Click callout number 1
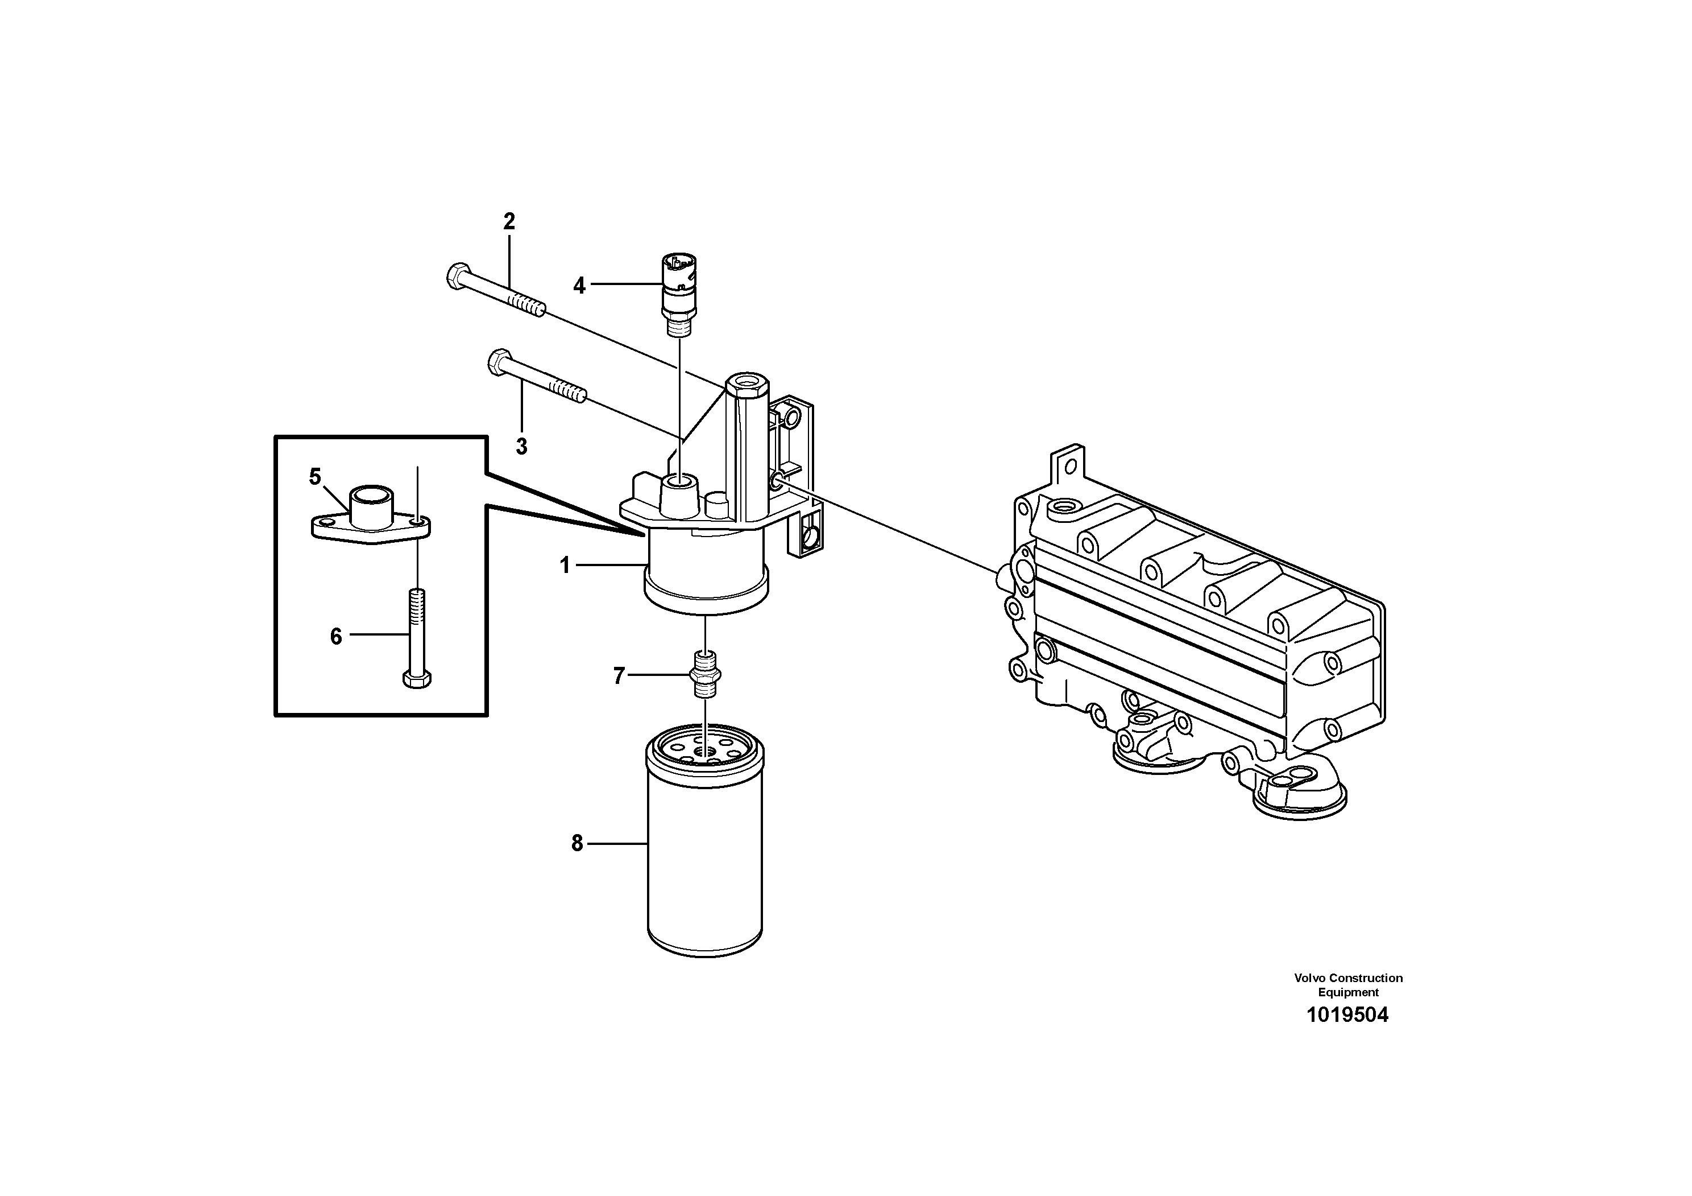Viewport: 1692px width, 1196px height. click(x=565, y=566)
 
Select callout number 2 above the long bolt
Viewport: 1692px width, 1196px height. click(x=508, y=221)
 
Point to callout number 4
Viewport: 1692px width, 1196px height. click(x=579, y=286)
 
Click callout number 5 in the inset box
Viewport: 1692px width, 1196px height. click(x=314, y=477)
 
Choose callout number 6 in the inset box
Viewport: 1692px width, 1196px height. click(x=336, y=636)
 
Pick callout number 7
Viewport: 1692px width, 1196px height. click(x=619, y=675)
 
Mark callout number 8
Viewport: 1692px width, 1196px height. click(x=577, y=843)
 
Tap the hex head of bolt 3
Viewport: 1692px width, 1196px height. click(x=499, y=361)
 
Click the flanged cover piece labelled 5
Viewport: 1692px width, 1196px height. click(x=368, y=516)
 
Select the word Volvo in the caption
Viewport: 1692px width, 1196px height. click(x=1309, y=978)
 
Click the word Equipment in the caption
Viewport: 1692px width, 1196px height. click(x=1348, y=992)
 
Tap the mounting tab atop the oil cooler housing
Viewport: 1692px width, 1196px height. click(x=1068, y=464)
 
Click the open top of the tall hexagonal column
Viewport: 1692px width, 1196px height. click(x=747, y=383)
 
